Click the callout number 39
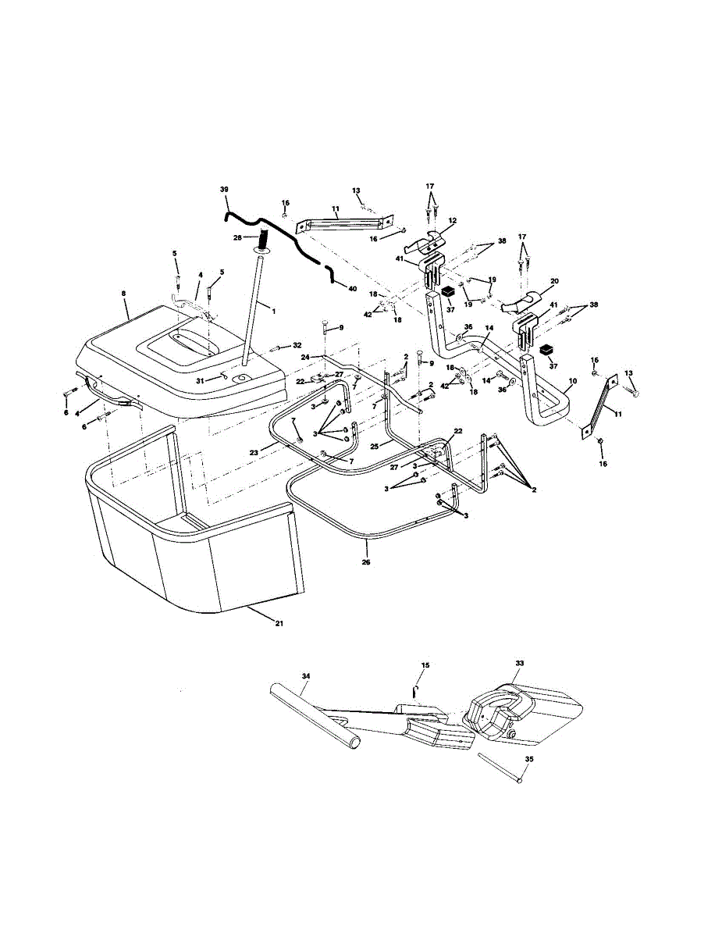[225, 190]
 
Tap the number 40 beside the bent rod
[353, 289]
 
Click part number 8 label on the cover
[123, 294]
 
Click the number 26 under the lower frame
[367, 561]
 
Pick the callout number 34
[306, 675]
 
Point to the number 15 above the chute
[425, 666]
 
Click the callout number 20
[556, 281]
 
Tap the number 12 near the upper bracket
[453, 221]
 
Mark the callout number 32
[297, 344]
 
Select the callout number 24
[305, 357]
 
